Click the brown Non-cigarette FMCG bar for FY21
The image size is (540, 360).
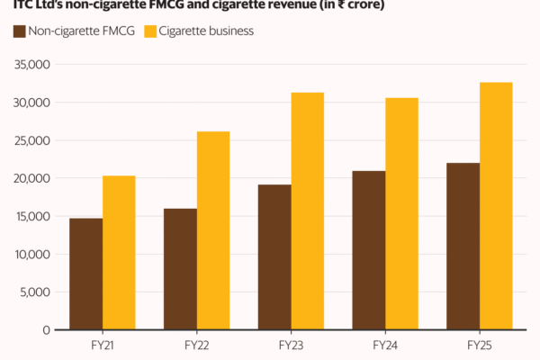pyautogui.click(x=86, y=274)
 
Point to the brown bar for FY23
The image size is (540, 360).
pyautogui.click(x=274, y=256)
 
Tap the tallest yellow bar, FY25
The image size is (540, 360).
pyautogui.click(x=496, y=206)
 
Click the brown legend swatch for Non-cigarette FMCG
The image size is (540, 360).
pyautogui.click(x=19, y=31)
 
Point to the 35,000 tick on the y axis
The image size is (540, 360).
pyautogui.click(x=31, y=65)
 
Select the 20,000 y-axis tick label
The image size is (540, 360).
pyautogui.click(x=31, y=178)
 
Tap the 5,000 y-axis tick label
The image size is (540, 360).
pyautogui.click(x=34, y=292)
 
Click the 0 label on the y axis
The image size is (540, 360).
pyautogui.click(x=45, y=329)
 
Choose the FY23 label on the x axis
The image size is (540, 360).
pyautogui.click(x=291, y=345)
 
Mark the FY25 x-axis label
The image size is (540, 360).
pyautogui.click(x=479, y=345)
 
